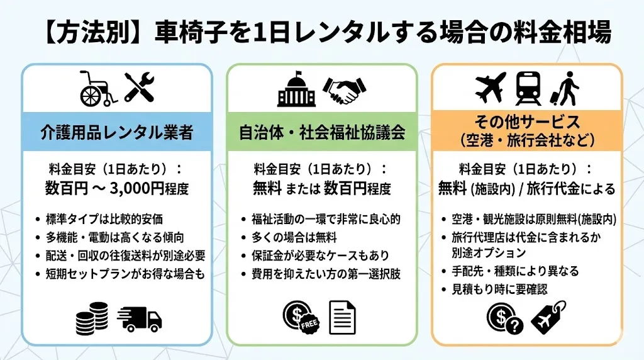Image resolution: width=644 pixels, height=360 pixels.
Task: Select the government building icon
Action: (296, 91)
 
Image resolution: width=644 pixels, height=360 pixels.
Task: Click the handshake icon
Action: (345, 91)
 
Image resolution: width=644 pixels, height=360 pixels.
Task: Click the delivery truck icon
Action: (140, 318)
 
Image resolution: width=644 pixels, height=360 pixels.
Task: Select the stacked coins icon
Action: (92, 318)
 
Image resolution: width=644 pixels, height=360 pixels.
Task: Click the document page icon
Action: (343, 317)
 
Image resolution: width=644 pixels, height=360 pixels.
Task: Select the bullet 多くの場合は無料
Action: (293, 237)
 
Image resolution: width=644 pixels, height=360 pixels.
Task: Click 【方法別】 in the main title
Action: (84, 33)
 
